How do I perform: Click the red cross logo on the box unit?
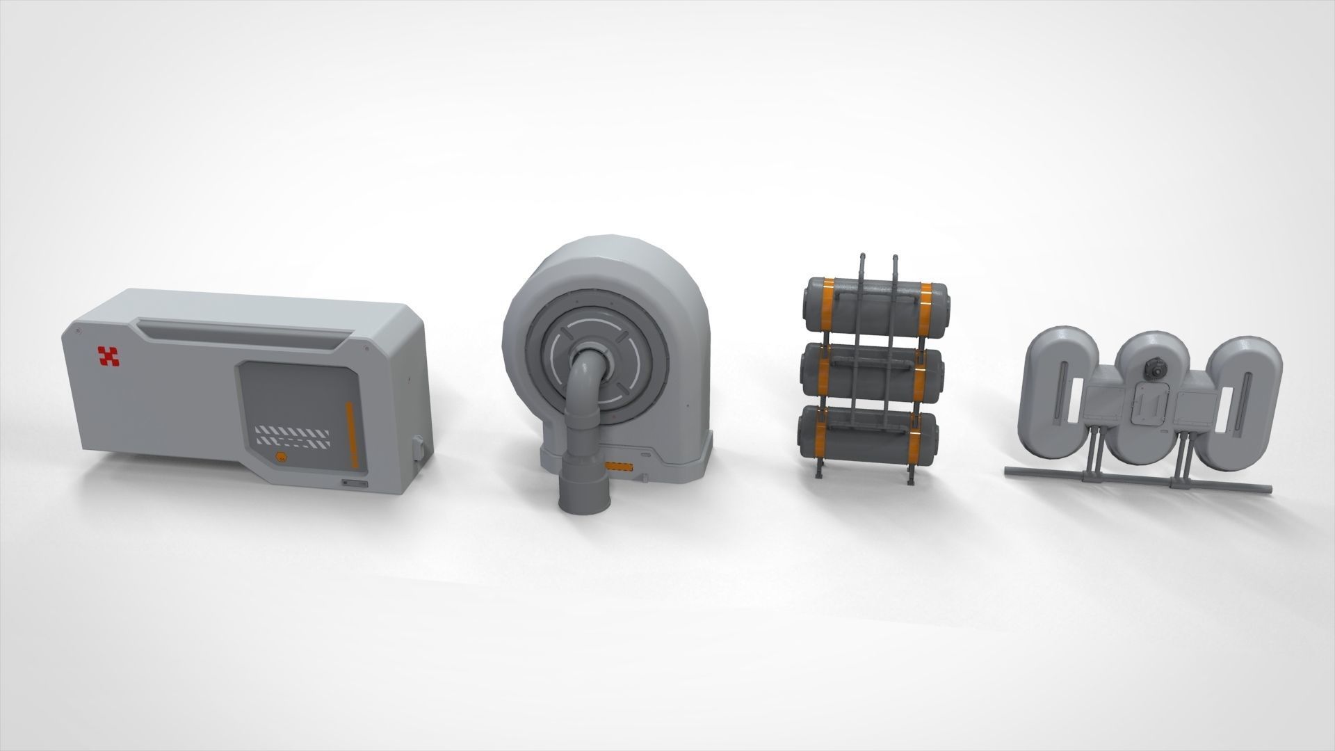click(108, 357)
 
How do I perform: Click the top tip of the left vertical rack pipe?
click(861, 256)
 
